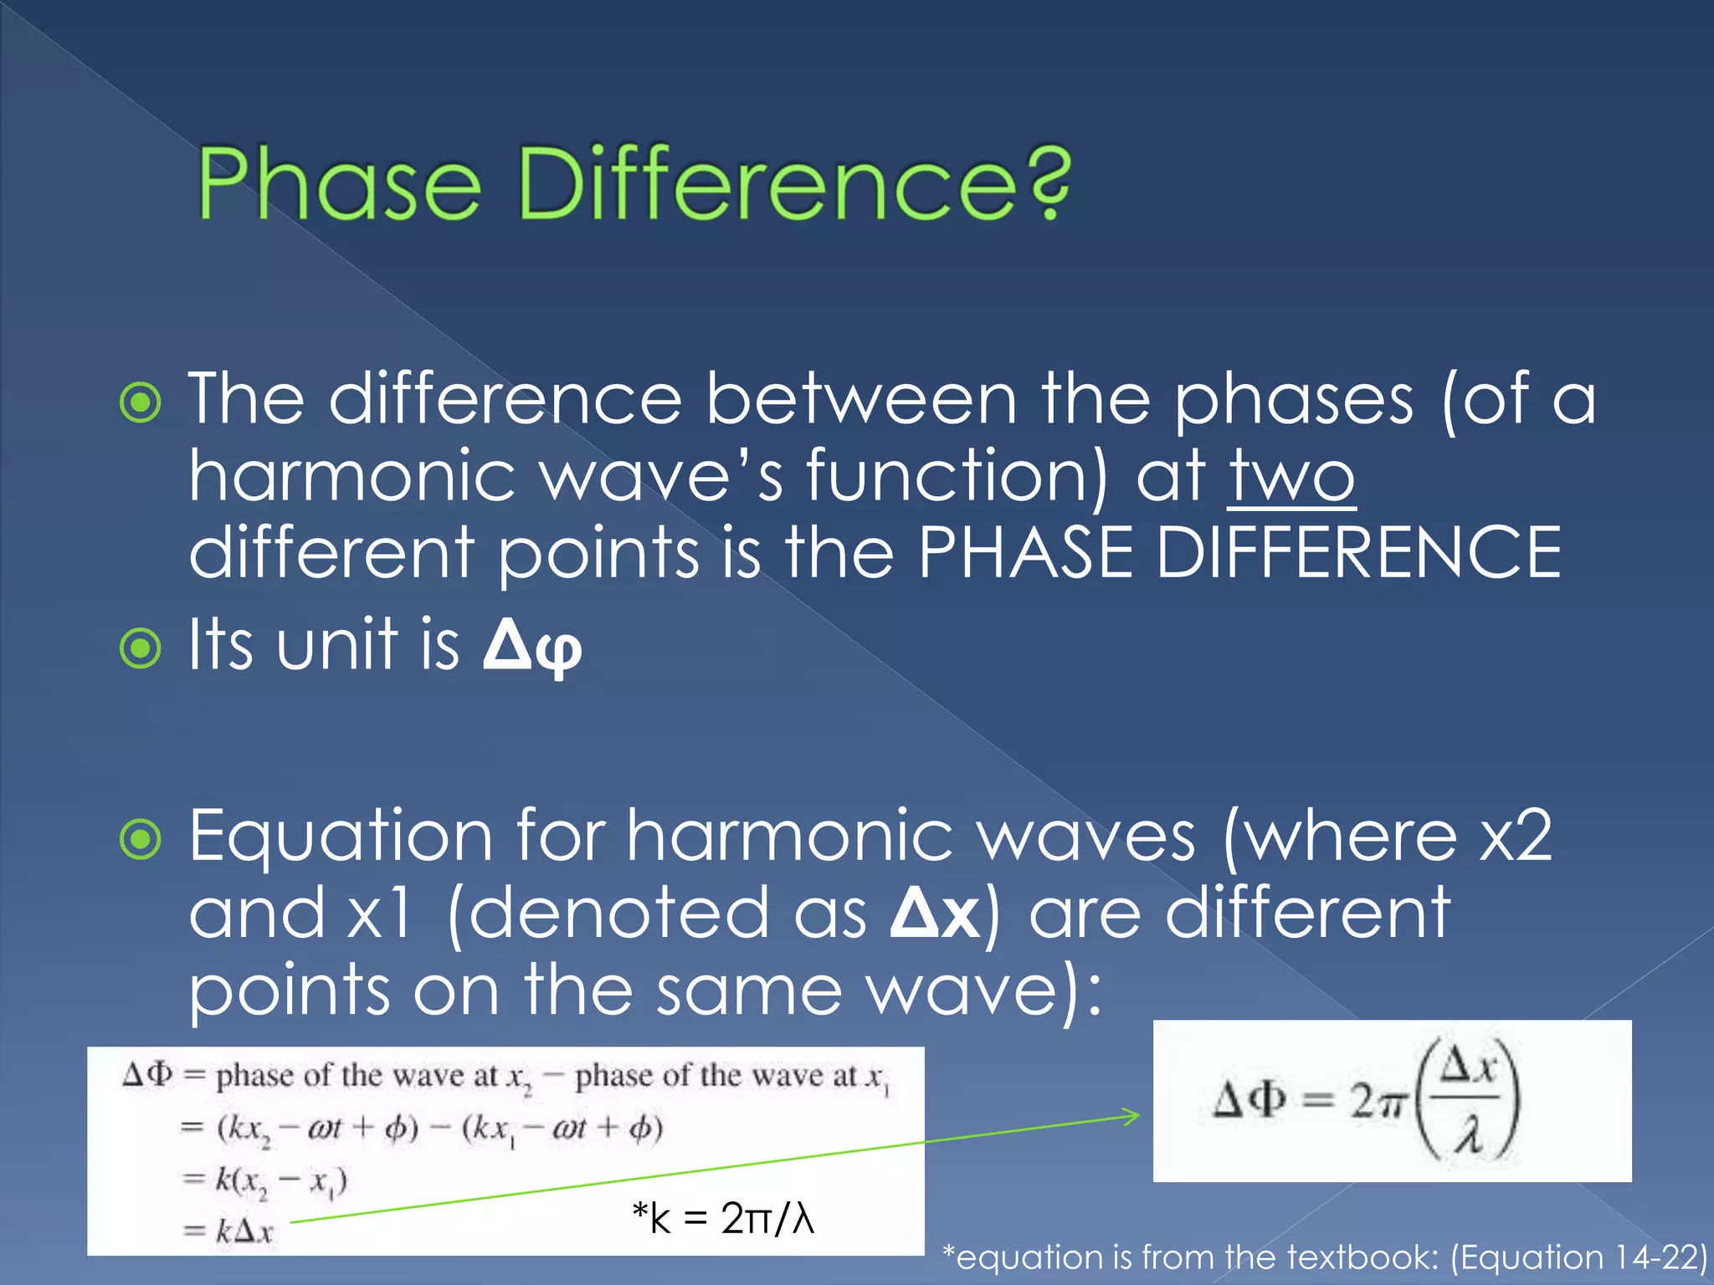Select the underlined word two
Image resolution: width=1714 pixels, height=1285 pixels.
tap(1291, 475)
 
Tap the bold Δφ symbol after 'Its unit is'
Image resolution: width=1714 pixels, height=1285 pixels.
tap(532, 646)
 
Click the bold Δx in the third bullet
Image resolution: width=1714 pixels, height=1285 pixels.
tap(935, 914)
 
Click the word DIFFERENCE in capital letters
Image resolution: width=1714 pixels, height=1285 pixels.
tap(1357, 552)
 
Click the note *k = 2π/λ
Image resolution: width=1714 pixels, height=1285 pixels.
tap(723, 1218)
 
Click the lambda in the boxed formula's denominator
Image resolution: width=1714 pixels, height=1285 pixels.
tap(1467, 1137)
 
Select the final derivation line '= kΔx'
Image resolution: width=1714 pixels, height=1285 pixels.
tap(228, 1231)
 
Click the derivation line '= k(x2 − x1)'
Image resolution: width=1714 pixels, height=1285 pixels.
tap(264, 1180)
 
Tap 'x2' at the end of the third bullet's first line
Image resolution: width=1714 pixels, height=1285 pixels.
tap(1515, 837)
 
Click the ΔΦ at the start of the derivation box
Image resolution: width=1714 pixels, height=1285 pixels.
tap(147, 1074)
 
